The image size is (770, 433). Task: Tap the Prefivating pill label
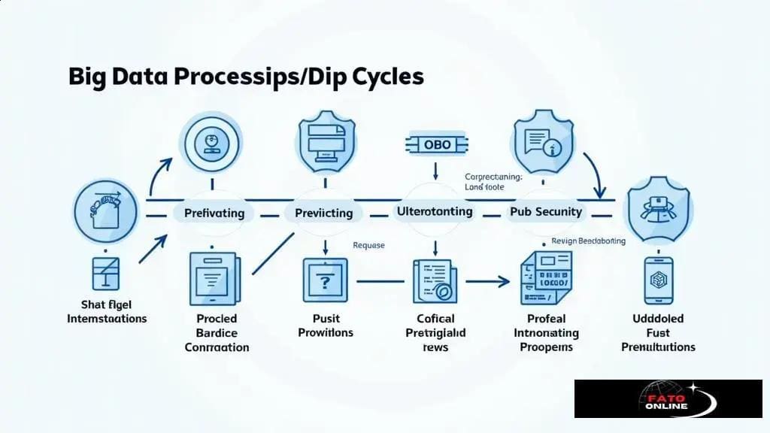point(214,213)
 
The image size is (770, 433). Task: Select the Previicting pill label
point(324,213)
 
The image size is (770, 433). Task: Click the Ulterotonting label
point(435,211)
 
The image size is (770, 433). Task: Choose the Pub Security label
point(546,211)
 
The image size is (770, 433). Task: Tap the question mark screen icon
point(325,280)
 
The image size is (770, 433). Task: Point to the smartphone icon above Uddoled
point(658,280)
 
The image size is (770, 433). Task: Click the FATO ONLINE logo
point(668,398)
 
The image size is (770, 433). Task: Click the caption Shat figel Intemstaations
point(107,311)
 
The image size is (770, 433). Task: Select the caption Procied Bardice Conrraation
point(217,333)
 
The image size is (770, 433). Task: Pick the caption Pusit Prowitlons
point(325,326)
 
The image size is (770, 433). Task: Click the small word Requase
point(368,245)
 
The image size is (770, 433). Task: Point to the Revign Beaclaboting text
point(588,241)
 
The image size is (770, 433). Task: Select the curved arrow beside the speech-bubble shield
point(594,171)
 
